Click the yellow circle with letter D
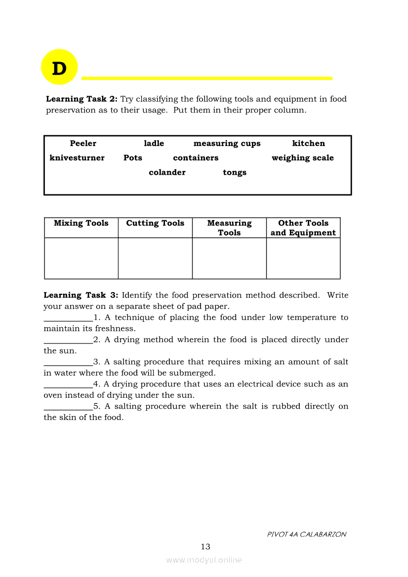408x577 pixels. coord(59,67)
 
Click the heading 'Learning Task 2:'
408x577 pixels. coord(82,99)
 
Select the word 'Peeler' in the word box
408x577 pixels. coord(83,144)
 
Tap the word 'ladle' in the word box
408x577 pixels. coord(154,144)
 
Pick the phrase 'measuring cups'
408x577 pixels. coord(227,144)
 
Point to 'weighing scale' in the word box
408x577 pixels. coord(302,158)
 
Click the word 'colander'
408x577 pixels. coord(167,173)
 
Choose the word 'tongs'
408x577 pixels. coord(234,173)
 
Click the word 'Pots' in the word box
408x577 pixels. coord(132,158)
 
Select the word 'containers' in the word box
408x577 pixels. coord(196,158)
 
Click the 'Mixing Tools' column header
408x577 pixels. coord(81,224)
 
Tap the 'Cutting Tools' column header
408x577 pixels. coord(155,224)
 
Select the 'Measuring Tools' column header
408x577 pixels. coord(229,228)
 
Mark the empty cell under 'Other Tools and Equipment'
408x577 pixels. coord(303,258)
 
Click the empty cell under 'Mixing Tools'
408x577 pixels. coord(81,258)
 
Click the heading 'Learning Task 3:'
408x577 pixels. coord(81,296)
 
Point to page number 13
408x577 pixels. coord(205,547)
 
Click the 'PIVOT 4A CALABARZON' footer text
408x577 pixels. coord(306,535)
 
